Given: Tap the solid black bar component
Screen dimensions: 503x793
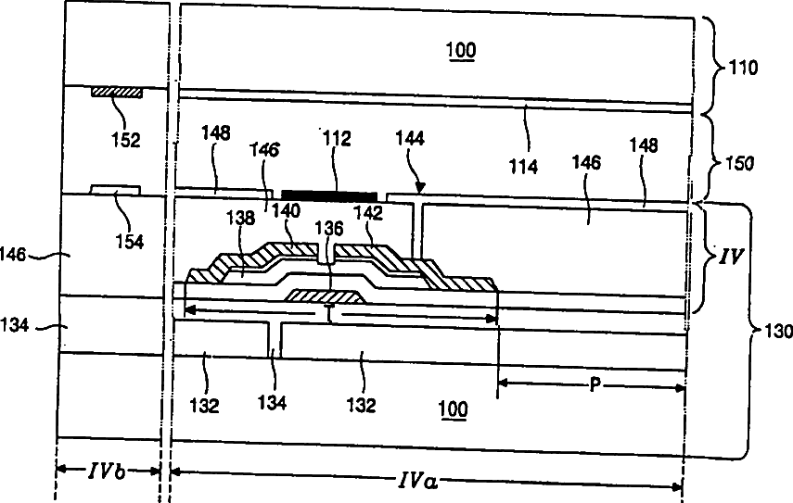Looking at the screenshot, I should [x=330, y=194].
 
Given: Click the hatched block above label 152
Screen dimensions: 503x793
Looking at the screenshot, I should [x=116, y=93].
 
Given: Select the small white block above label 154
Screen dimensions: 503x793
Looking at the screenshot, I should [x=116, y=190].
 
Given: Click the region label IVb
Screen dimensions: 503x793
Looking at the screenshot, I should [x=108, y=472].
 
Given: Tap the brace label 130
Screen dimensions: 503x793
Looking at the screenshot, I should [x=774, y=331].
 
